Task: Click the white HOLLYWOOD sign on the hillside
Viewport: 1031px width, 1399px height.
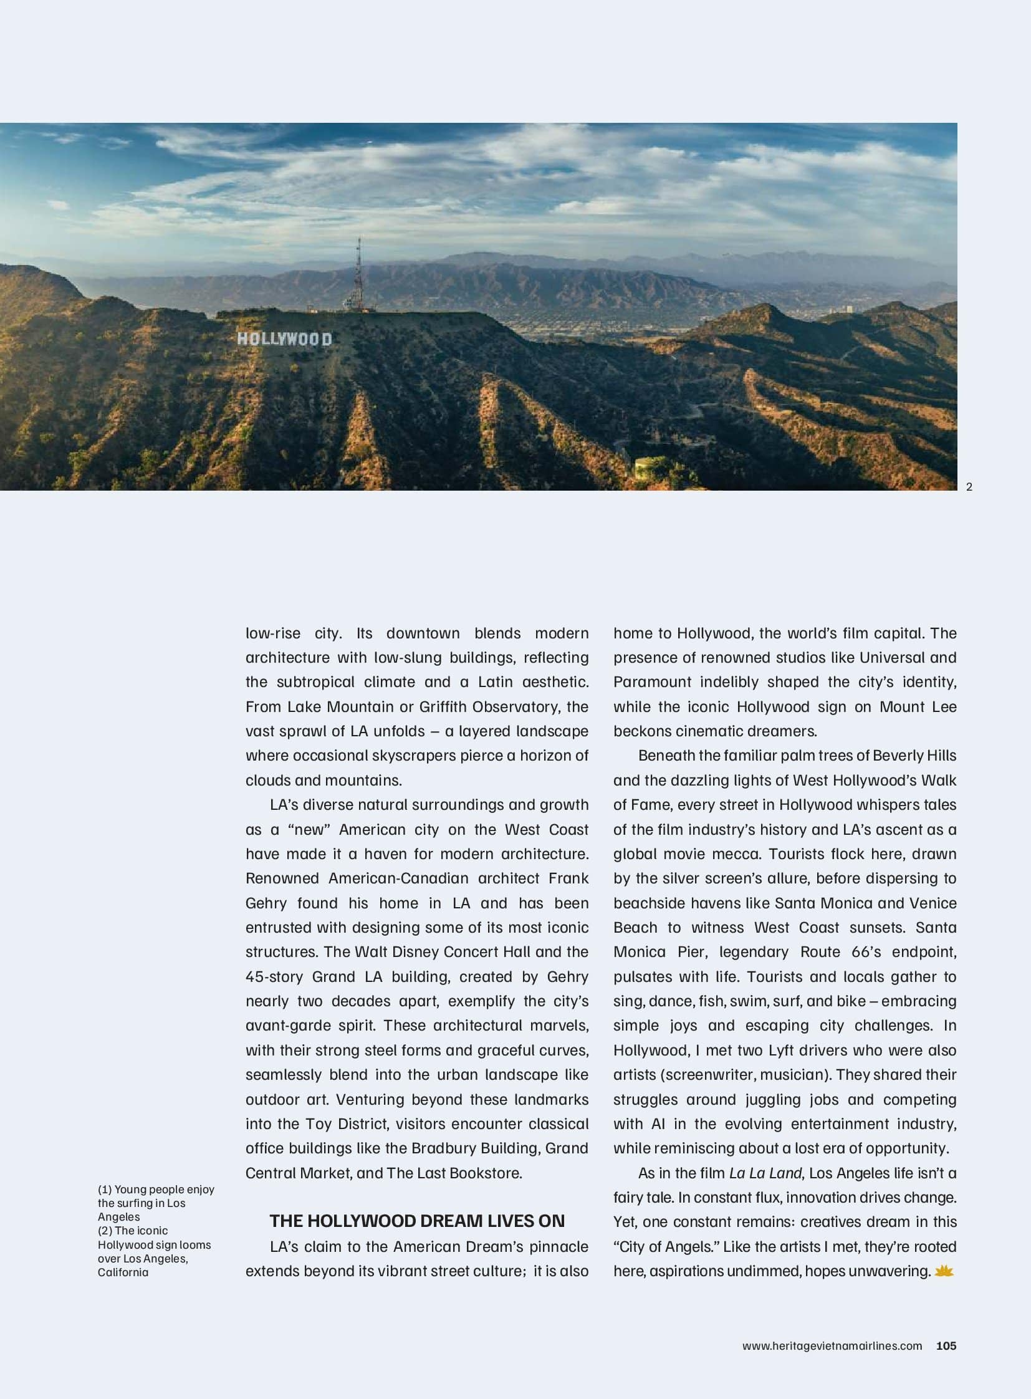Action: tap(284, 339)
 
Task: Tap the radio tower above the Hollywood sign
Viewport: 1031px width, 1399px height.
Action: tap(358, 275)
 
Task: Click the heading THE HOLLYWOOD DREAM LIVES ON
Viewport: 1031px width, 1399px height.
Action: tap(417, 1221)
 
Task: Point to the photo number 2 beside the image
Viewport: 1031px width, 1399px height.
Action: tap(969, 487)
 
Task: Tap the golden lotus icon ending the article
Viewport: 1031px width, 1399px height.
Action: tap(944, 1271)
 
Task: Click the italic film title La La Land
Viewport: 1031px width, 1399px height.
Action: tap(765, 1173)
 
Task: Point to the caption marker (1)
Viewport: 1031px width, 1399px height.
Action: tap(105, 1190)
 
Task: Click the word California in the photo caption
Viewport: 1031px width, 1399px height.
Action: tap(123, 1272)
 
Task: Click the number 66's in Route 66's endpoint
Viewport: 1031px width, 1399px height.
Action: tap(865, 952)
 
